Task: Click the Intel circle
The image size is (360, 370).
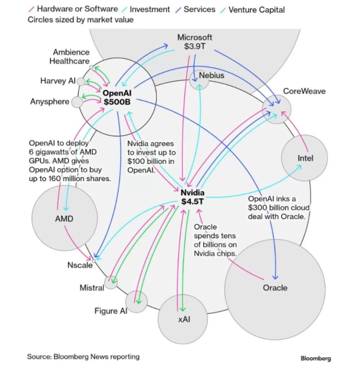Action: point(305,158)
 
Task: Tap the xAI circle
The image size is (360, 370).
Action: point(182,320)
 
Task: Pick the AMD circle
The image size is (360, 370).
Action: point(64,219)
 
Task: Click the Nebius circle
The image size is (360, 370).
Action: point(199,79)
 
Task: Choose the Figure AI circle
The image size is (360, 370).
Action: point(136,301)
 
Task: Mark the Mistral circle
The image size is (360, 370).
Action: point(111,283)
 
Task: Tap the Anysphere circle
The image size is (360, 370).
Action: point(77,102)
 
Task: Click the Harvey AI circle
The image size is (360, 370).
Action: point(81,81)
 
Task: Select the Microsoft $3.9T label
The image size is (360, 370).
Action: point(195,42)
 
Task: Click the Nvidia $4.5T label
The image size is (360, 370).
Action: point(192,197)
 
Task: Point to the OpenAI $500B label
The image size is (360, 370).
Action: point(117,98)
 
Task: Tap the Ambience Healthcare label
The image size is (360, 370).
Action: point(69,57)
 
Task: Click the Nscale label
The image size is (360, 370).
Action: point(80,265)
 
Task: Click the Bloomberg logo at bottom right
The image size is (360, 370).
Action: point(315,358)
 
